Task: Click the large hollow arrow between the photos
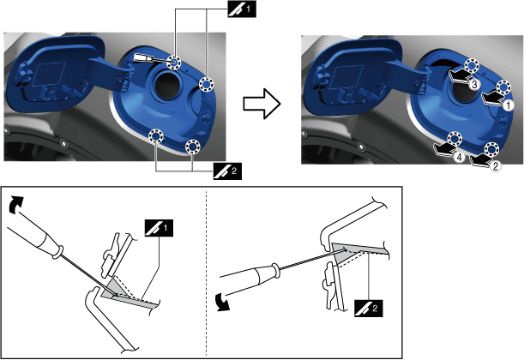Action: tap(262, 104)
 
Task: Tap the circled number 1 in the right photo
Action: tap(508, 106)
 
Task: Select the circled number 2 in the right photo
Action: tap(496, 165)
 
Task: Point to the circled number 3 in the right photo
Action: tap(474, 85)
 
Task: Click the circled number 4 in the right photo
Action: tap(460, 157)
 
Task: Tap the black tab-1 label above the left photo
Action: tap(242, 9)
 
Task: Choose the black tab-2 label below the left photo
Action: tap(227, 171)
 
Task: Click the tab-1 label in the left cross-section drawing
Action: tap(159, 228)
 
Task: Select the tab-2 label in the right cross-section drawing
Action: tap(368, 309)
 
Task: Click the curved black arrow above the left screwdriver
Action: tap(15, 204)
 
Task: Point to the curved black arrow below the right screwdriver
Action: tap(223, 302)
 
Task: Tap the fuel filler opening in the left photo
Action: tap(166, 87)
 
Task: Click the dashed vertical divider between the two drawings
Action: tap(206, 273)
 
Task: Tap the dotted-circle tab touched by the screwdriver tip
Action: tap(174, 62)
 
